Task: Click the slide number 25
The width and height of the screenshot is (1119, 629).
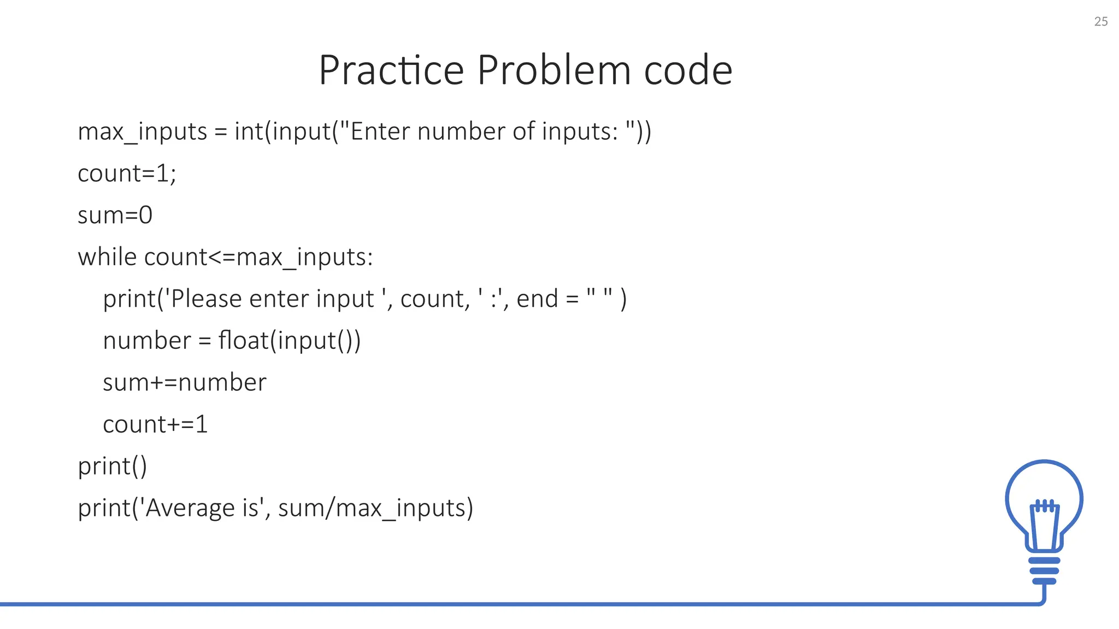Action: (1100, 21)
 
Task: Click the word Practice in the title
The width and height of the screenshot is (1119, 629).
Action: (391, 70)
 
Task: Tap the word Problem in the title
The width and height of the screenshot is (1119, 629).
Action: (554, 70)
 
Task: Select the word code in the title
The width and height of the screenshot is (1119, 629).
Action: (688, 70)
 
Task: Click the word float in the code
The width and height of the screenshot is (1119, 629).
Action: (243, 340)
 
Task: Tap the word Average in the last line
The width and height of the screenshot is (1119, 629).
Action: (190, 508)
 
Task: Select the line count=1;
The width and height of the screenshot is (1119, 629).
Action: (127, 174)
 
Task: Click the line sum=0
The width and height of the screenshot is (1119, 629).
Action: (115, 215)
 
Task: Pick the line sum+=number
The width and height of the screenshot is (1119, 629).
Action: (184, 382)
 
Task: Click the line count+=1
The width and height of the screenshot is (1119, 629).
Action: (155, 424)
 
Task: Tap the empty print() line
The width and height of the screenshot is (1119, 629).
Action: (112, 466)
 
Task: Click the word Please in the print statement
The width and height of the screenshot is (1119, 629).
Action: (206, 299)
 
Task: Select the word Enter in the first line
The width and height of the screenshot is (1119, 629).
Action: (380, 132)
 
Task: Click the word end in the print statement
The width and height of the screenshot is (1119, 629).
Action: (537, 299)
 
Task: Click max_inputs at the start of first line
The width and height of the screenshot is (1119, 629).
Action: (142, 132)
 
